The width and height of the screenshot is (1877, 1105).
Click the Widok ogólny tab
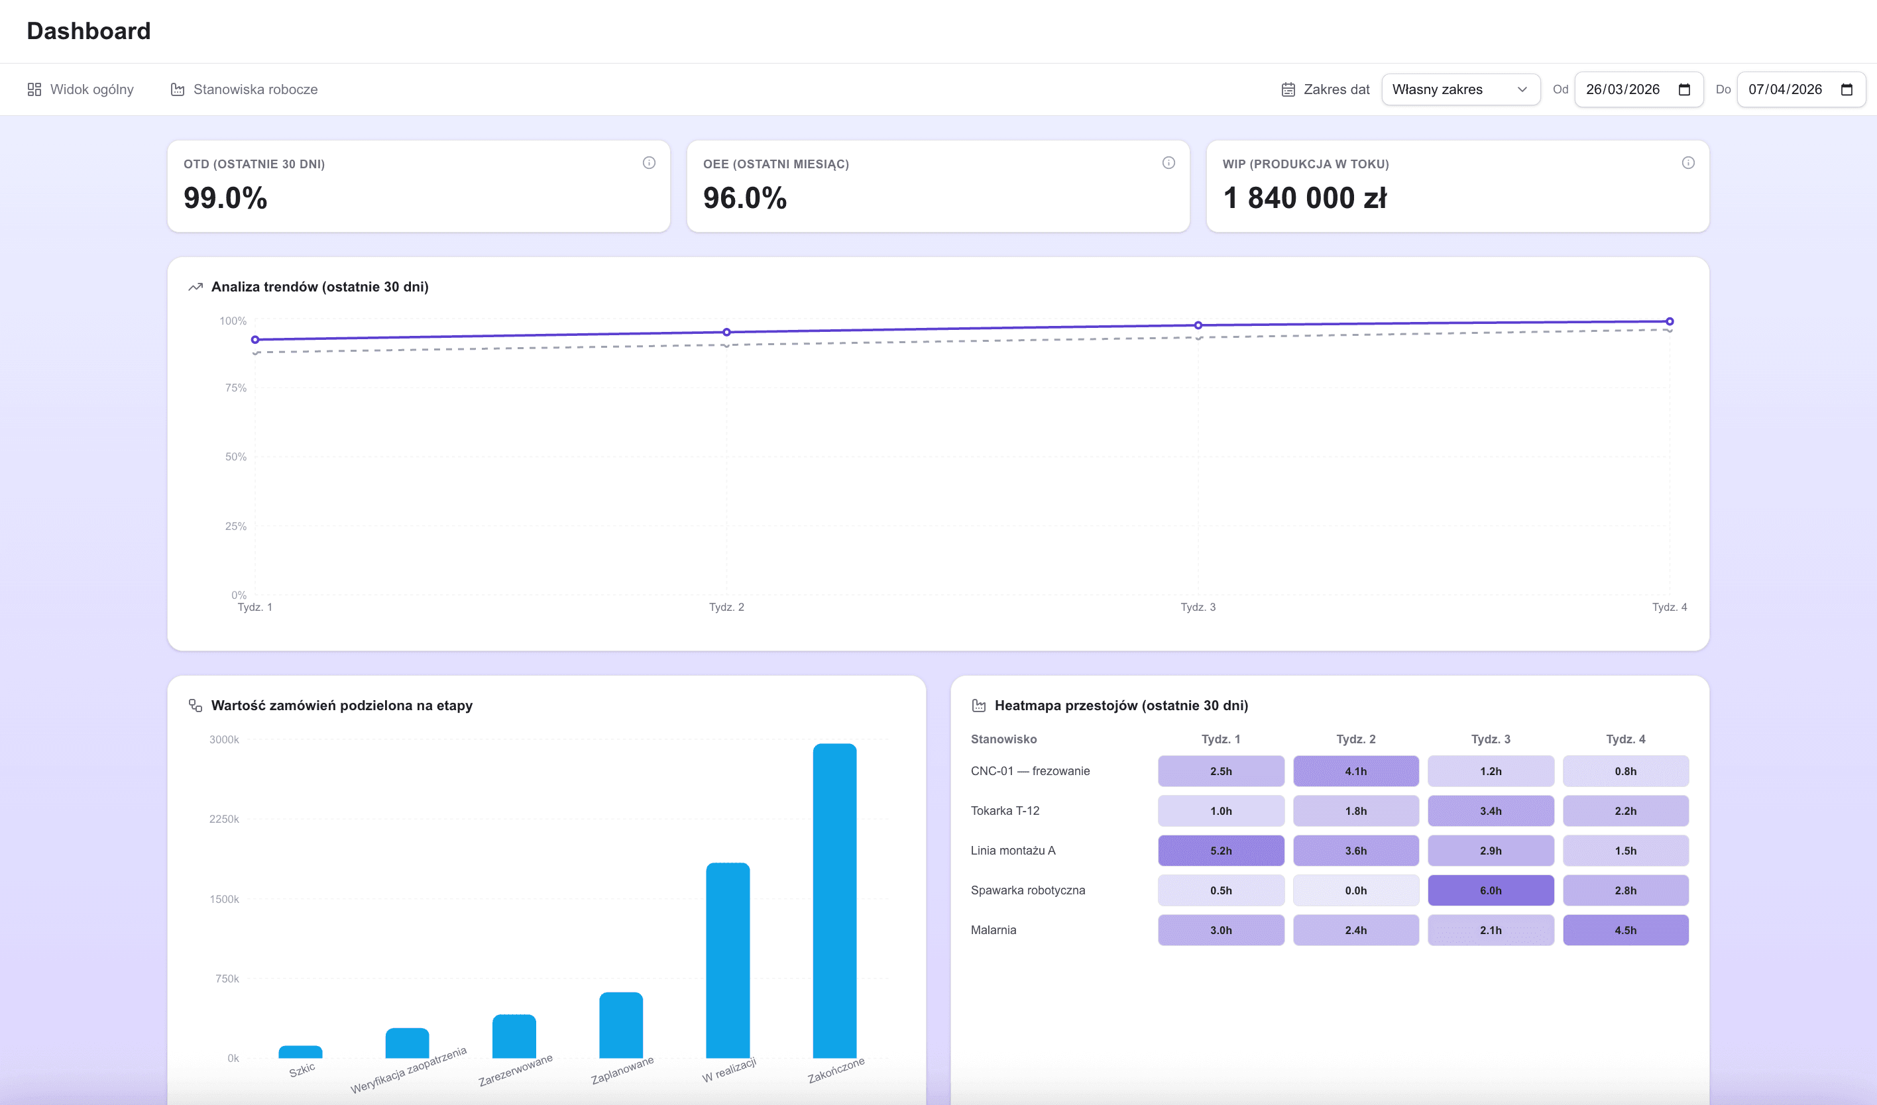tap(80, 89)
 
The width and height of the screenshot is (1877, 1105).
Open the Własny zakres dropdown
tap(1460, 89)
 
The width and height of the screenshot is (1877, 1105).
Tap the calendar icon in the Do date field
tap(1847, 89)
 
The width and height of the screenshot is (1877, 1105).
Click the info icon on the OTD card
tap(649, 163)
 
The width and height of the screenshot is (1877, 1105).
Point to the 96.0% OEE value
tap(744, 198)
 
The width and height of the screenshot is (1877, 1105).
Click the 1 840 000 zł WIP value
tap(1304, 198)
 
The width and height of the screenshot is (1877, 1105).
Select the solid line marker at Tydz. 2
tap(727, 332)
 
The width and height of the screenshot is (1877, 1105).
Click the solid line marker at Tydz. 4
tap(1669, 322)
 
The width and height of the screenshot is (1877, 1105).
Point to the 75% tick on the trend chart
tap(235, 388)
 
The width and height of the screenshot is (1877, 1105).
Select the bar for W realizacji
tap(728, 961)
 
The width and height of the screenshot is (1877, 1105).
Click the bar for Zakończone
tap(834, 901)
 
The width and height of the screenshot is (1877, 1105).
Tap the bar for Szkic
tap(300, 1052)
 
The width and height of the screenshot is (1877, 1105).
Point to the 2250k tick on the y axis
tap(224, 819)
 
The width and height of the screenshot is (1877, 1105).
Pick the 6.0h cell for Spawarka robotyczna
tap(1491, 890)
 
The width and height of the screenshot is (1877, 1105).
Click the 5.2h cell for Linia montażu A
tap(1221, 851)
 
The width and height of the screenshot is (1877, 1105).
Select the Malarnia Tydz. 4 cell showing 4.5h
tap(1625, 930)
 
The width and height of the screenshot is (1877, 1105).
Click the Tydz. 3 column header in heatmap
tap(1491, 739)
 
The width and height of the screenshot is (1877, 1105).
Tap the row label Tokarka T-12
tap(1005, 811)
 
